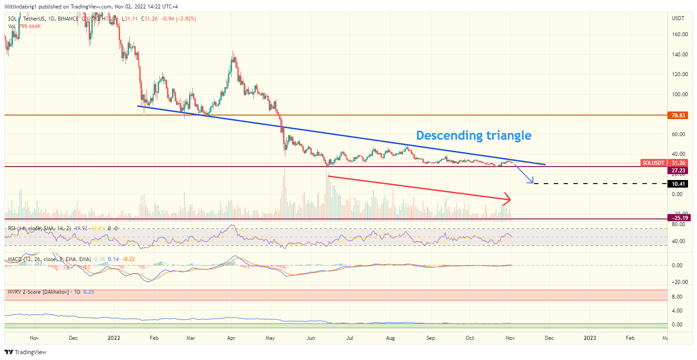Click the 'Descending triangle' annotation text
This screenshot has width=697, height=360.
[x=473, y=135]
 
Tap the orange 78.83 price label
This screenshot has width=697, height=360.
[x=679, y=116]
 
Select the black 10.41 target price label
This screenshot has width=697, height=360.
[x=679, y=184]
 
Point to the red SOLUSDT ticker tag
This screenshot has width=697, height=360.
[x=653, y=163]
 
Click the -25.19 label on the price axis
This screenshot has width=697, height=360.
[x=678, y=218]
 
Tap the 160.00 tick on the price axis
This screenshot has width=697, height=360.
[x=680, y=34]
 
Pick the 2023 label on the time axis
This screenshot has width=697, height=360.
[x=590, y=338]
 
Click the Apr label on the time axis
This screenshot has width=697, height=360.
[x=231, y=338]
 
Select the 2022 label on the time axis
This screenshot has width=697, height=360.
[x=114, y=338]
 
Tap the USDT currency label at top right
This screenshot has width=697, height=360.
[x=678, y=18]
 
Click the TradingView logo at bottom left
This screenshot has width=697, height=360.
[x=26, y=352]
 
